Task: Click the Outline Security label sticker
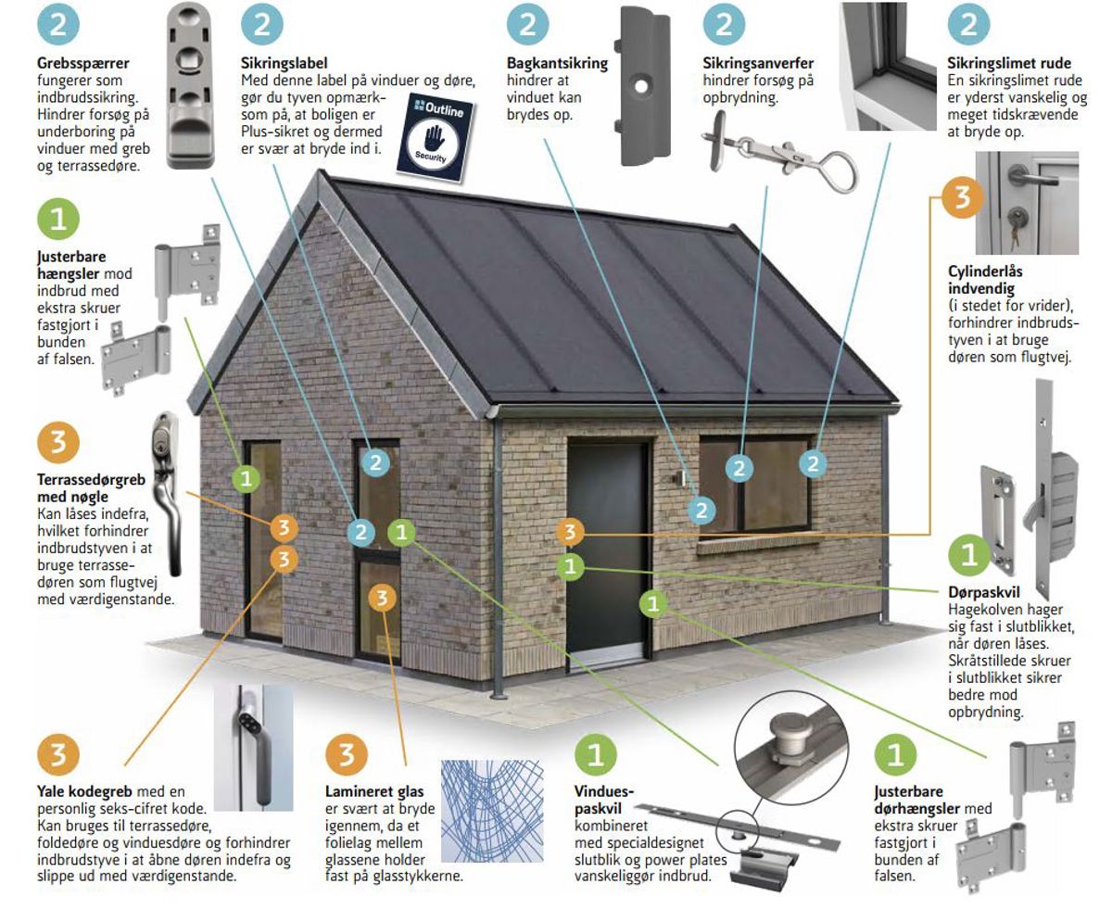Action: click(436, 138)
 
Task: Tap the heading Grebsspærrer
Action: click(83, 64)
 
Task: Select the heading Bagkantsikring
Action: click(557, 63)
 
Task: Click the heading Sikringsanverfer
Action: click(758, 63)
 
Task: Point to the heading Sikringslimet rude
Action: click(1009, 63)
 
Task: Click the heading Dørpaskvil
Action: click(983, 592)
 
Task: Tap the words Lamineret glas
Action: click(374, 791)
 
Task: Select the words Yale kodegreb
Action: click(84, 791)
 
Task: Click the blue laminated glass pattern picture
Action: click(492, 810)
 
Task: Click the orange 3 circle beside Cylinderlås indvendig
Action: click(962, 197)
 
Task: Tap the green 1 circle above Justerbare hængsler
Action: click(58, 219)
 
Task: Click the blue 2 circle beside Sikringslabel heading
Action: click(262, 24)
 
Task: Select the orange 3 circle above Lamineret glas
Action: click(347, 754)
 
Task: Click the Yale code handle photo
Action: click(254, 748)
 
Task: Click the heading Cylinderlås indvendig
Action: click(985, 280)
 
